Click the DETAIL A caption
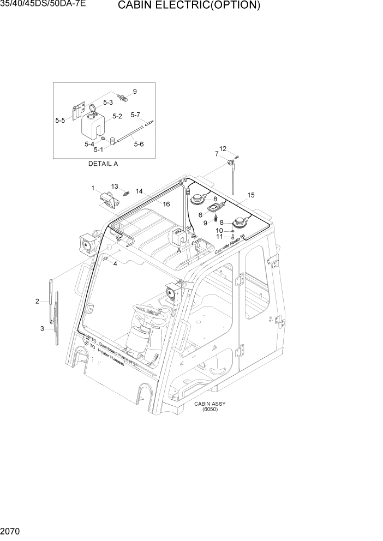tap(103, 163)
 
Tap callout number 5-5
tap(60, 120)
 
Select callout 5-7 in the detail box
tap(135, 115)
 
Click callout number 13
tap(115, 187)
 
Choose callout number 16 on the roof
tap(166, 203)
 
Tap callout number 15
tap(251, 195)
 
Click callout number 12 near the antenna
tap(223, 148)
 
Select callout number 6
tap(200, 215)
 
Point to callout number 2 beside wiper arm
tap(37, 301)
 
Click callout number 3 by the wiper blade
tap(42, 328)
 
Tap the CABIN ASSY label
tap(210, 404)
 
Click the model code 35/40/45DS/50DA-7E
tap(43, 4)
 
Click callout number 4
tap(115, 264)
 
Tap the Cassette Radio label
tap(228, 246)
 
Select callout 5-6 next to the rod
tap(139, 144)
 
